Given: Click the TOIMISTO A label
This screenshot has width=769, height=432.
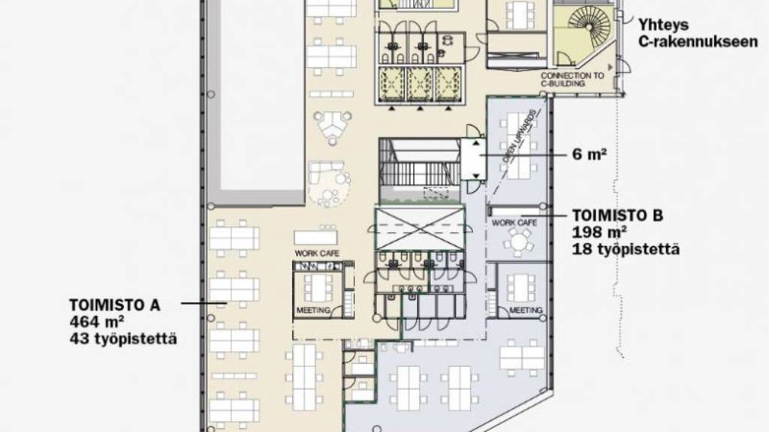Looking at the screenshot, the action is (x=115, y=305).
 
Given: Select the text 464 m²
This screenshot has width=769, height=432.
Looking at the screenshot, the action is (x=97, y=322).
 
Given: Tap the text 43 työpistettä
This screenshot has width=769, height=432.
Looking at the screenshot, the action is (x=123, y=339).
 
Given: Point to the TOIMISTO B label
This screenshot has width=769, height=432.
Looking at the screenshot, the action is (x=617, y=215).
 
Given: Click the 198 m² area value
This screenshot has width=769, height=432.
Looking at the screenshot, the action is (x=599, y=232).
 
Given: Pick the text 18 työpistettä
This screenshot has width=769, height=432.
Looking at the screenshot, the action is (x=626, y=249).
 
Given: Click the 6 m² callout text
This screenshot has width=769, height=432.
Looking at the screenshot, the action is (x=589, y=154).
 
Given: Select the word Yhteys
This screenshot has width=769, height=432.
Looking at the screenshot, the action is (x=663, y=25).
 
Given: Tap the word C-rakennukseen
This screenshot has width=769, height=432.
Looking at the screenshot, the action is (x=698, y=42).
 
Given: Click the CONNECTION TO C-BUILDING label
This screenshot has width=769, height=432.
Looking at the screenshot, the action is (x=572, y=79).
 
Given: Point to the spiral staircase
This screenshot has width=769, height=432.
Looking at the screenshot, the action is (x=589, y=26).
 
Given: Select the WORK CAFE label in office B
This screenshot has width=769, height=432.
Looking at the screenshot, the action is (x=514, y=223).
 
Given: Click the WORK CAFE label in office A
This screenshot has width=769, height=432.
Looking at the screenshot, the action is (x=317, y=253).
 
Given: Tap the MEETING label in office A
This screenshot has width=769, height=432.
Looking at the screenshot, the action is (x=313, y=310).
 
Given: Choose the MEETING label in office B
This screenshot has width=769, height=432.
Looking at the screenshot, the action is (x=526, y=310).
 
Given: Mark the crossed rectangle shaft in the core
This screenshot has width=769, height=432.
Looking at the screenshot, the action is (x=420, y=229).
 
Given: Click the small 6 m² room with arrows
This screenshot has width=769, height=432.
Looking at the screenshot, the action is (x=474, y=159).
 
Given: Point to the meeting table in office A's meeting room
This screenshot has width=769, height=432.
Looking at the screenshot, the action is (x=318, y=289).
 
